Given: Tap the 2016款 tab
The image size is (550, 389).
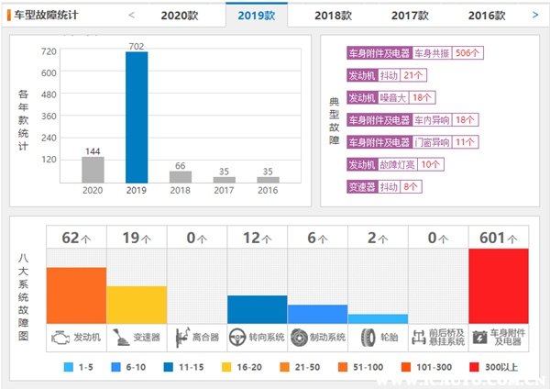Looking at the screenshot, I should click(x=486, y=16).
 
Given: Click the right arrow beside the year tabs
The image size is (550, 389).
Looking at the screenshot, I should click(x=535, y=15).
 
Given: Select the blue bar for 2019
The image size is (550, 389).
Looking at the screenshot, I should click(x=137, y=117).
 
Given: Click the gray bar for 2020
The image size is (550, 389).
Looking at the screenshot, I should click(x=93, y=170).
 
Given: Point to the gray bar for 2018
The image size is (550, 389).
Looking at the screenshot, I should click(x=181, y=177).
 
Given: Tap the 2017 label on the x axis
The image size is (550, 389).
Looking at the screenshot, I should click(x=224, y=191).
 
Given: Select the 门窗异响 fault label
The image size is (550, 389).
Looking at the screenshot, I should click(x=432, y=142).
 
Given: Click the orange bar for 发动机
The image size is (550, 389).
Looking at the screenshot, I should click(x=76, y=295).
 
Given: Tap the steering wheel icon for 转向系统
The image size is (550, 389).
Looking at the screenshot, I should click(x=237, y=337).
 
